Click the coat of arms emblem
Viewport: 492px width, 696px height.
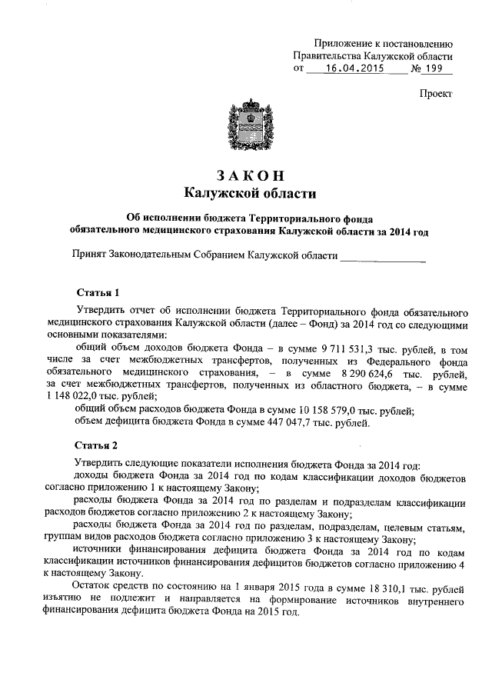tap(247, 125)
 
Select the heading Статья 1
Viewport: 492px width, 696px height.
tap(98, 293)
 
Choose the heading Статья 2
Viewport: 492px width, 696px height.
tap(98, 445)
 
